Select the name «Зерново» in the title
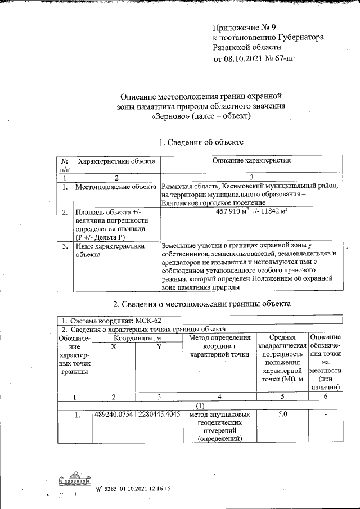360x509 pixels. coord(172,116)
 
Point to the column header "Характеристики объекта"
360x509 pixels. coord(116,162)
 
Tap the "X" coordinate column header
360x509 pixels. coord(114,348)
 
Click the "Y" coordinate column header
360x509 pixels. coord(159,348)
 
